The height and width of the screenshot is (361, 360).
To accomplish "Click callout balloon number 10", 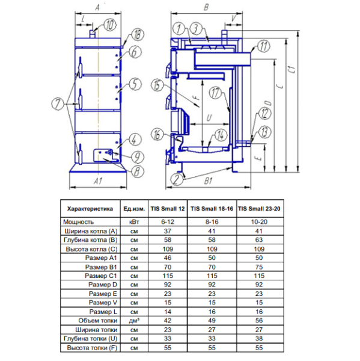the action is point(110,25).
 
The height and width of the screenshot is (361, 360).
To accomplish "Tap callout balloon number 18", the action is point(138,35).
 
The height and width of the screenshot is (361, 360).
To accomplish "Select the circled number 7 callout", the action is point(58,103).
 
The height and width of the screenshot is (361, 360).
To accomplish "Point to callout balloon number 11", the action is point(263,46).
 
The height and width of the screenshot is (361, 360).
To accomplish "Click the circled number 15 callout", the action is point(157,85).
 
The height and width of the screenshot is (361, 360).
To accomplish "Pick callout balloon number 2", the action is point(177,179).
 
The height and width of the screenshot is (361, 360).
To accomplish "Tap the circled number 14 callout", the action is point(221,135).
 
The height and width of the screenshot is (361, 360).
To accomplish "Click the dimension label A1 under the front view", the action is point(98,181).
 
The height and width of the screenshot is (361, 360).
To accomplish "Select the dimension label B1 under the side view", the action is point(208,181).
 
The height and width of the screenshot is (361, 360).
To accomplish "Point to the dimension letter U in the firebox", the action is point(209,118).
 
